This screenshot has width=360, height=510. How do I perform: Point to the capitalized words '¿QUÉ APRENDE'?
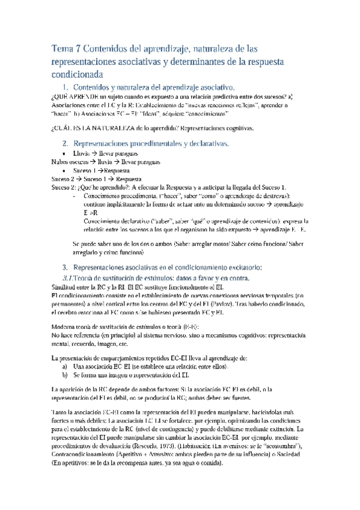coord(71,96)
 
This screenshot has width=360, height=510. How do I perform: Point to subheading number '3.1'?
coord(68,278)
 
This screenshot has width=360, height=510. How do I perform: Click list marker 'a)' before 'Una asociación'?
coord(66,365)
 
